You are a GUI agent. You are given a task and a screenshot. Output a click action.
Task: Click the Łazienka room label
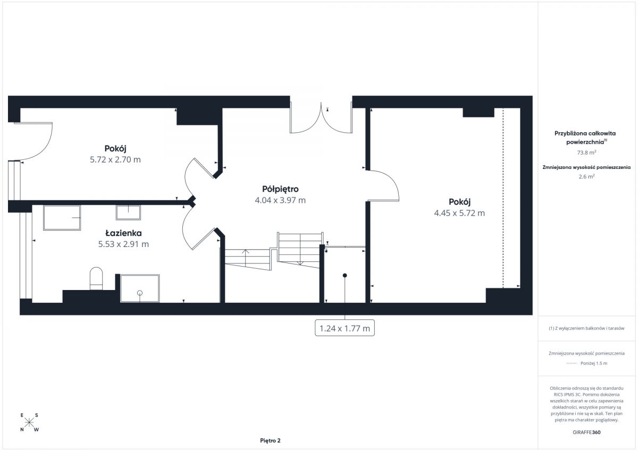click(123, 233)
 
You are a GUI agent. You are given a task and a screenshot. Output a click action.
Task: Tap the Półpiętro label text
click(280, 189)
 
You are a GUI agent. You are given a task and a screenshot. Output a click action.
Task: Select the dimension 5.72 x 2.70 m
click(115, 159)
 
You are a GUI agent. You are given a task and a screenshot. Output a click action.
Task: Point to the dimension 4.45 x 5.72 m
click(459, 213)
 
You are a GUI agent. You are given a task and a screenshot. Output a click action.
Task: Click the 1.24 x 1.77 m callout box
click(345, 328)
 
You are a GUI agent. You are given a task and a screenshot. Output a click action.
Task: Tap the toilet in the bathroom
click(96, 278)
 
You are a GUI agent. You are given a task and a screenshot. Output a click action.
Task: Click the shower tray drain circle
click(139, 293)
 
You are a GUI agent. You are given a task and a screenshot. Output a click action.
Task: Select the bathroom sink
click(128, 212)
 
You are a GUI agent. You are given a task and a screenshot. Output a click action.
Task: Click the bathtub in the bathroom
click(62, 218)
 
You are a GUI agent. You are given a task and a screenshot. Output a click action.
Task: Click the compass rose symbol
click(29, 422)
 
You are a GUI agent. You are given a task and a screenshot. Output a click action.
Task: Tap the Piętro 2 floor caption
click(270, 440)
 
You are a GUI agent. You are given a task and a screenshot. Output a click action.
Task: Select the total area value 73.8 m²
click(586, 152)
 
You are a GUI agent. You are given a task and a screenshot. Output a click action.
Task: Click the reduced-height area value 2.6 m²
click(586, 176)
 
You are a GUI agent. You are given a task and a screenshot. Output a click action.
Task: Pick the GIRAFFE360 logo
click(586, 432)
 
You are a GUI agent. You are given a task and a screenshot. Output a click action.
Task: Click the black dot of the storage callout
click(345, 276)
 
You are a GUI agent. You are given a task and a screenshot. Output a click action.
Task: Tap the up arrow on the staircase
click(246, 258)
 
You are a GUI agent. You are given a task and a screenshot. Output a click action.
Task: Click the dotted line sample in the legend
click(572, 363)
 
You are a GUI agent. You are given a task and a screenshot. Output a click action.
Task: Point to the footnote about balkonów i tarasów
click(586, 328)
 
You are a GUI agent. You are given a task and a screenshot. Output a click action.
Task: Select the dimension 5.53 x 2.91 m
click(123, 244)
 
